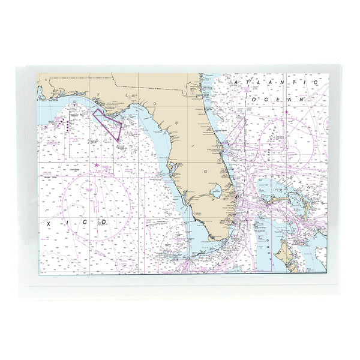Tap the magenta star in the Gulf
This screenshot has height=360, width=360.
[97, 164]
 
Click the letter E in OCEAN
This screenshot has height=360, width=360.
[280, 97]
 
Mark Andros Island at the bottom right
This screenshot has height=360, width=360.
[282, 252]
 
